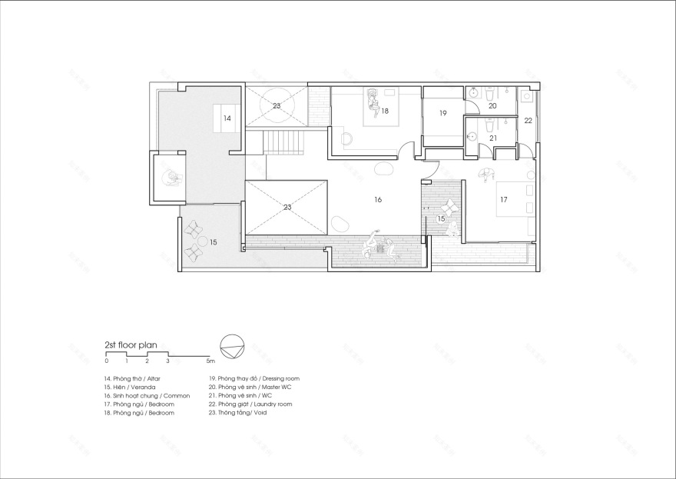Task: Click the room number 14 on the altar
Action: pyautogui.click(x=227, y=118)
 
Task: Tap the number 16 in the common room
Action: pyautogui.click(x=378, y=199)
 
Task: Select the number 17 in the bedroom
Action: pyautogui.click(x=503, y=199)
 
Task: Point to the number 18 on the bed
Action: pyautogui.click(x=384, y=111)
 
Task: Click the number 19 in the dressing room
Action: pyautogui.click(x=443, y=113)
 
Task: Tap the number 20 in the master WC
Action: pyautogui.click(x=492, y=105)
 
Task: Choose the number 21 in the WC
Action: pyautogui.click(x=492, y=138)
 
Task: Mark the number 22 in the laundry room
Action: pyautogui.click(x=528, y=121)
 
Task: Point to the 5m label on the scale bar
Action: pyautogui.click(x=210, y=361)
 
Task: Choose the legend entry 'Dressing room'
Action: pyautogui.click(x=253, y=378)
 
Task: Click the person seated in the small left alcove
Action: pyautogui.click(x=171, y=178)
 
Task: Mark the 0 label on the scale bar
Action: pyautogui.click(x=107, y=361)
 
